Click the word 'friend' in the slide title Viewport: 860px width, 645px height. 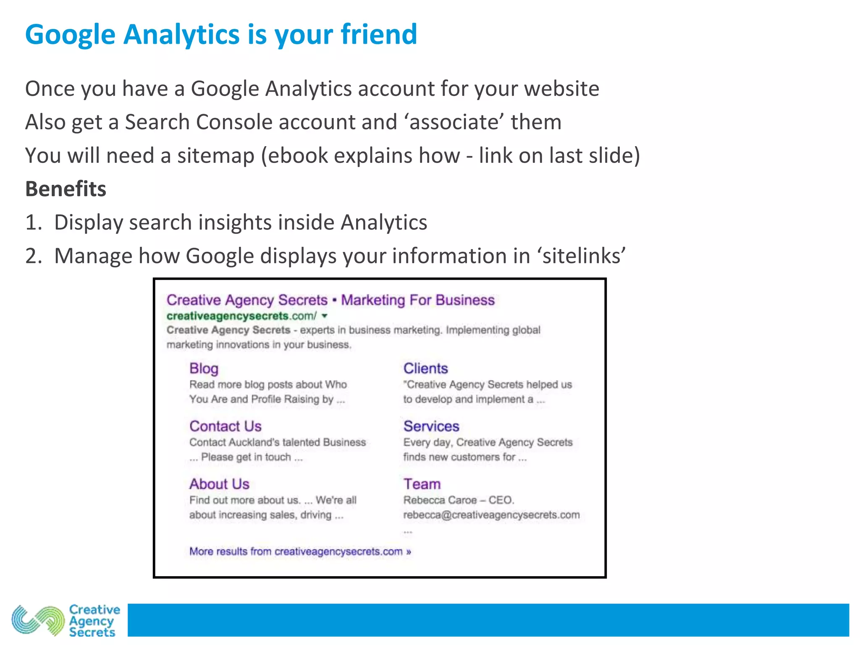379,34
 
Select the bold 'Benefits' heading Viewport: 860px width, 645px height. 66,189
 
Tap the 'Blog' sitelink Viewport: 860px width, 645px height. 204,368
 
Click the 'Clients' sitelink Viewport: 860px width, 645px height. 425,368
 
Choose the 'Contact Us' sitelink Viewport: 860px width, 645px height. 225,426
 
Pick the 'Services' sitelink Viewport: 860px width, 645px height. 431,426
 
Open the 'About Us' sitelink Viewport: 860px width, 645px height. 219,484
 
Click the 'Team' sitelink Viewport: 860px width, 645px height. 422,484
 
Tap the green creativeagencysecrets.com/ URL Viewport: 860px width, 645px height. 241,316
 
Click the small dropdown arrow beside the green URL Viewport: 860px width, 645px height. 325,316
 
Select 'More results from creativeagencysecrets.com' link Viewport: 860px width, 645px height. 300,551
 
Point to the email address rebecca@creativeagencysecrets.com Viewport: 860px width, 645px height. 491,515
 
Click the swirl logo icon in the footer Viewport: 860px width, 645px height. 38,620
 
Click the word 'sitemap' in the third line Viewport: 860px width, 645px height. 216,156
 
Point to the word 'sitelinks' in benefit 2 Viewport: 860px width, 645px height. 584,256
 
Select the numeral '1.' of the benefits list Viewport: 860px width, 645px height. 34,223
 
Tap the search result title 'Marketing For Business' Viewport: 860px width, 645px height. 418,300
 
